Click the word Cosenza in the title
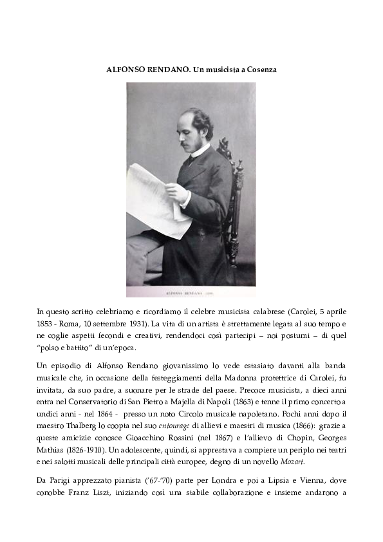[x=259, y=69]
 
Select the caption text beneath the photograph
[x=191, y=292]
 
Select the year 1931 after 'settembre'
[x=135, y=322]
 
